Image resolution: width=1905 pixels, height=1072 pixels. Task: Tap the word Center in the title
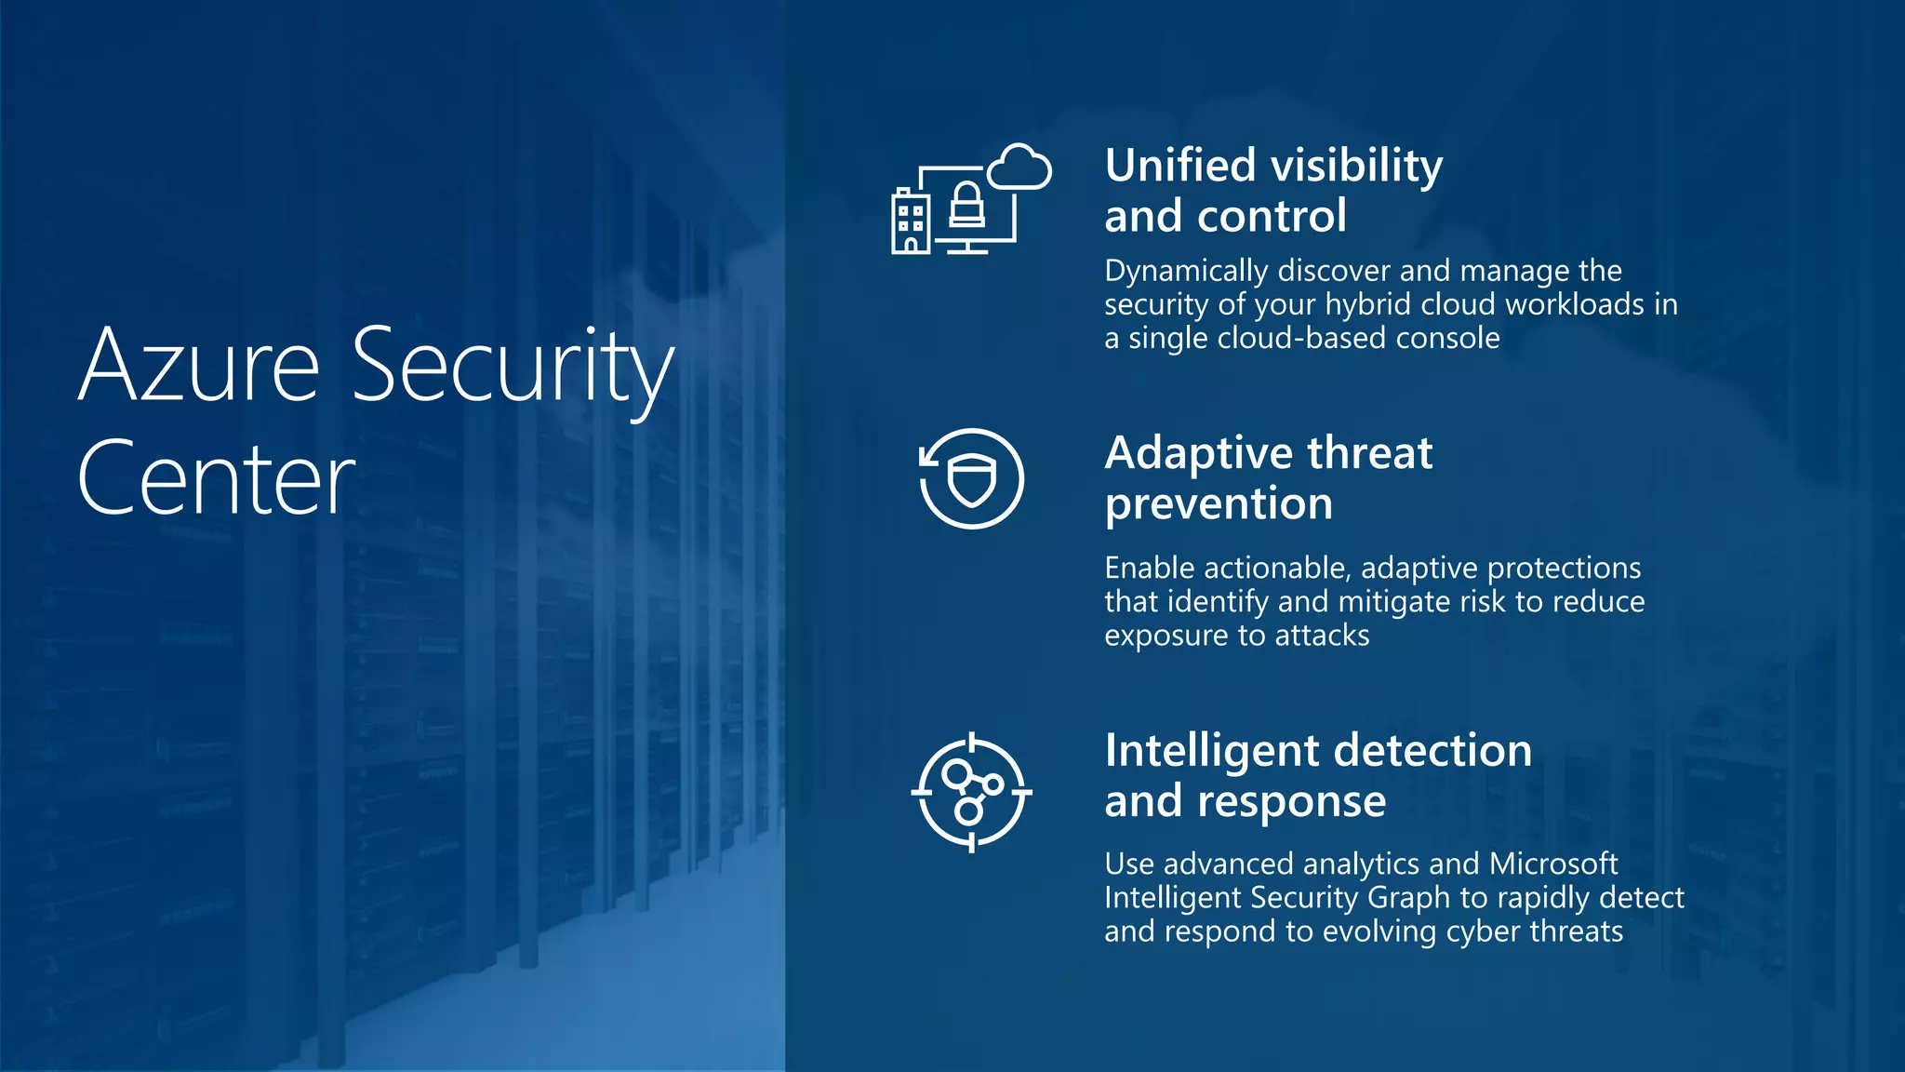coord(216,478)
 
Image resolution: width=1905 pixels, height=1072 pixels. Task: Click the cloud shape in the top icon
coord(1019,168)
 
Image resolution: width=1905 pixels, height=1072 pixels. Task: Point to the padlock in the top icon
coord(966,206)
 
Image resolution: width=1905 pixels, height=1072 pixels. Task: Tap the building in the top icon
coord(910,221)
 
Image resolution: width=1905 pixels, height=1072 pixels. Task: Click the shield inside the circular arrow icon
coord(972,480)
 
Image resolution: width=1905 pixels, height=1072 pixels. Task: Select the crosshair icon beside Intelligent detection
coord(971,792)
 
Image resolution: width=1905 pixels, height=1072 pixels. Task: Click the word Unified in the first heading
coord(1179,166)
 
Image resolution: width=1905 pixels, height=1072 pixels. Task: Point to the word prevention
coord(1219,504)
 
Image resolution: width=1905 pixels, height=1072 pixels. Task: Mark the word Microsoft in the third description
coord(1552,864)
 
